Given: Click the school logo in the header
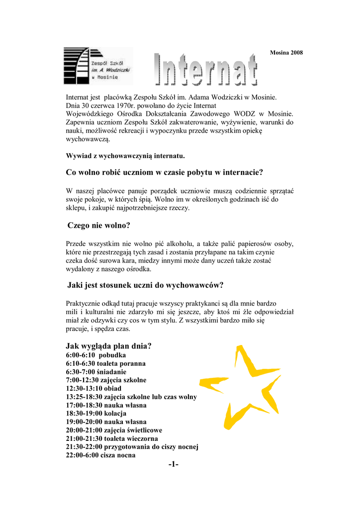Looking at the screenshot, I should point(97,66).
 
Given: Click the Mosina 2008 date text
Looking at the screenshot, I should point(286,53).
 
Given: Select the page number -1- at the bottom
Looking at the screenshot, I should point(173,464).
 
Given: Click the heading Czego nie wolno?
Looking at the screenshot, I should point(98,226).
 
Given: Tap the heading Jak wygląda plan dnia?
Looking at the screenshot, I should point(108,346).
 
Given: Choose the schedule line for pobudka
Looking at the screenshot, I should point(96,355).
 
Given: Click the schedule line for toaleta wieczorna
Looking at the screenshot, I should point(112,438).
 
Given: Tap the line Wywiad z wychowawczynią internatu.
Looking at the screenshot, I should point(125,156).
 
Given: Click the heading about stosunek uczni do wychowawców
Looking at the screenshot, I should point(145,285).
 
